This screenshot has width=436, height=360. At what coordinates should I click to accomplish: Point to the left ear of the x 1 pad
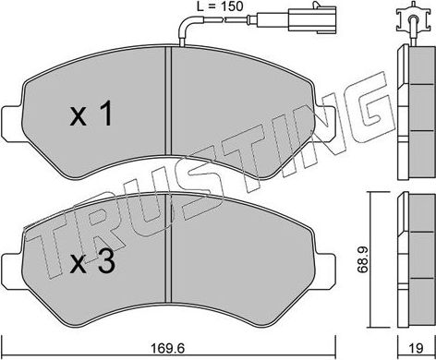click(12, 117)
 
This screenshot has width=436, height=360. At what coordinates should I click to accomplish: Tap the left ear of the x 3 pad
click(12, 268)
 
